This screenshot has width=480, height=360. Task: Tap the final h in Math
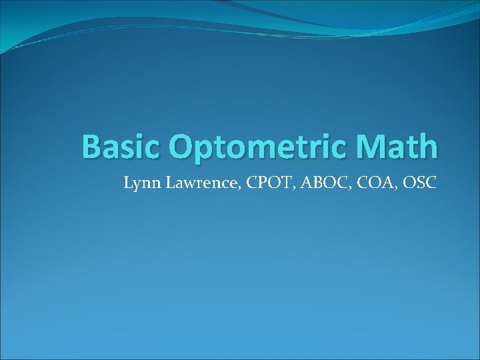pyautogui.click(x=429, y=146)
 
